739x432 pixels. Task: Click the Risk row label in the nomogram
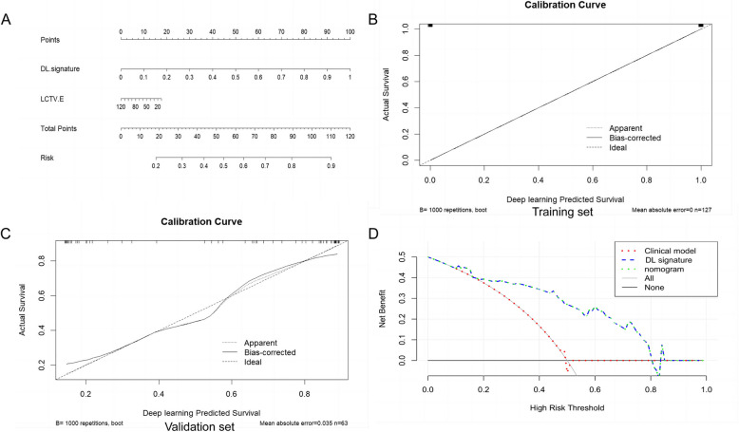point(47,156)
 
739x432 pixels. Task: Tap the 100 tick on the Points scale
point(350,32)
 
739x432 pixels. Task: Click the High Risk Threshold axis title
point(567,407)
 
